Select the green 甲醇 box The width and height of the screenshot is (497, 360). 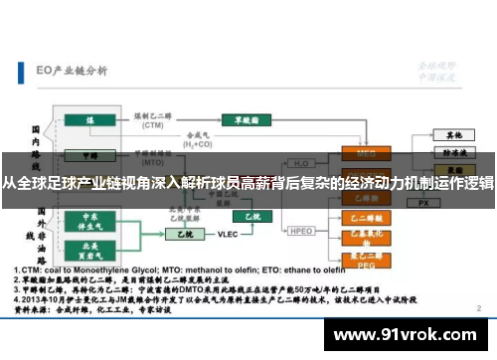tap(90, 155)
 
